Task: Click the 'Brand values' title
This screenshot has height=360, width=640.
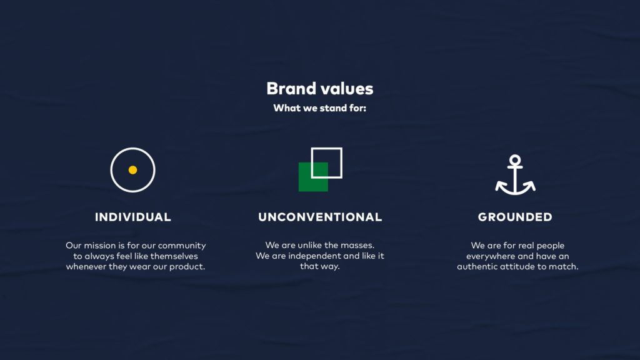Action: coord(319,89)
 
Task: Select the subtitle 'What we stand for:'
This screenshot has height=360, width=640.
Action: coord(319,108)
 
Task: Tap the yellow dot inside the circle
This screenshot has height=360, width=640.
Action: coord(132,170)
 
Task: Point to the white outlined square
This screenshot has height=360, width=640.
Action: coord(334,156)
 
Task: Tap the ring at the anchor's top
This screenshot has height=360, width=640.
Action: coord(515,161)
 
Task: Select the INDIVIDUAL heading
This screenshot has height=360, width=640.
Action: coord(132,217)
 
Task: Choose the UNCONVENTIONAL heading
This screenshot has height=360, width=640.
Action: coord(320,217)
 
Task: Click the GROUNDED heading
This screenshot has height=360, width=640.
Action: coord(515,217)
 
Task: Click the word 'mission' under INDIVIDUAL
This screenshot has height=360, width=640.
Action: coord(101,246)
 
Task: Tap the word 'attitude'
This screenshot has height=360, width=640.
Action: coord(522,267)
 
